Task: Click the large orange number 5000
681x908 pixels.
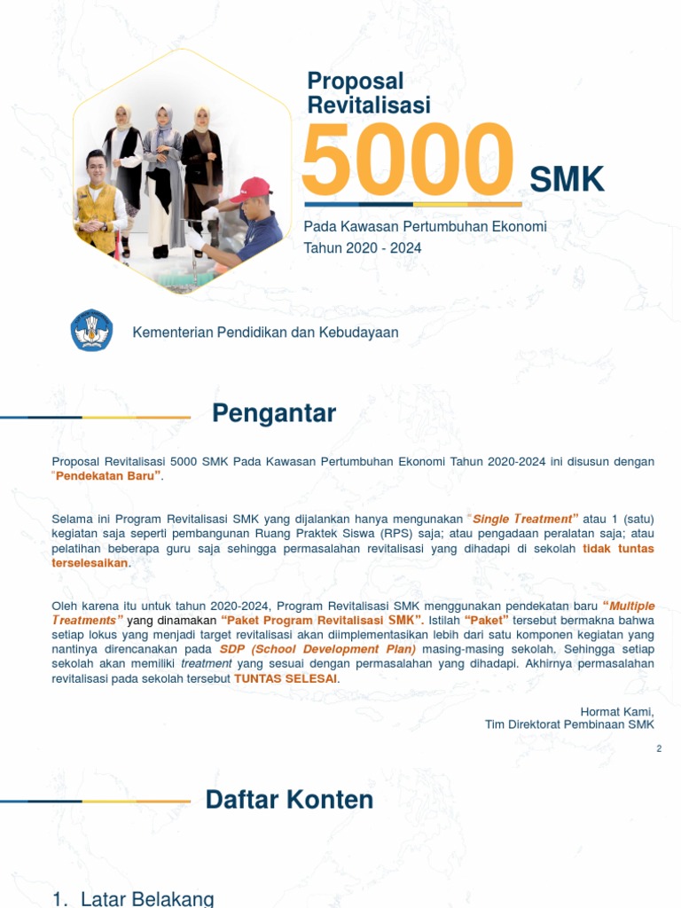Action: coord(407,160)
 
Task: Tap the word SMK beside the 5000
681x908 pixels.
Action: coord(567,180)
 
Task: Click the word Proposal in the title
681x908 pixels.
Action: coord(355,82)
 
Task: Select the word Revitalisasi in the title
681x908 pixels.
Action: coord(368,105)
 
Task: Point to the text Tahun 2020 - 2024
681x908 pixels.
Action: coord(363,247)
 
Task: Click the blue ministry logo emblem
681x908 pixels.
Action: coord(91,331)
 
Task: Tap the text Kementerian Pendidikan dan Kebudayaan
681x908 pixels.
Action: coord(265,333)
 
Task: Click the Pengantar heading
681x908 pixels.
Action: coord(274,413)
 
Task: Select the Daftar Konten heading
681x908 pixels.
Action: coord(289,800)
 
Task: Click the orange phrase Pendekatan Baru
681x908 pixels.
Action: coord(108,475)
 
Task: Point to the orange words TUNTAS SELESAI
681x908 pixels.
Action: coord(286,678)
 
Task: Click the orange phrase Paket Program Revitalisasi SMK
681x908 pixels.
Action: coord(322,620)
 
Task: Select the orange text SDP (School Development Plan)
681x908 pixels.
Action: coord(317,649)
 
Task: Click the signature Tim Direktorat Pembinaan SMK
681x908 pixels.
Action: coord(569,724)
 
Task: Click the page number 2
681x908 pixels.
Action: coord(659,749)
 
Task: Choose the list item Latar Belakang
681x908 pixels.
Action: coord(146,899)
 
